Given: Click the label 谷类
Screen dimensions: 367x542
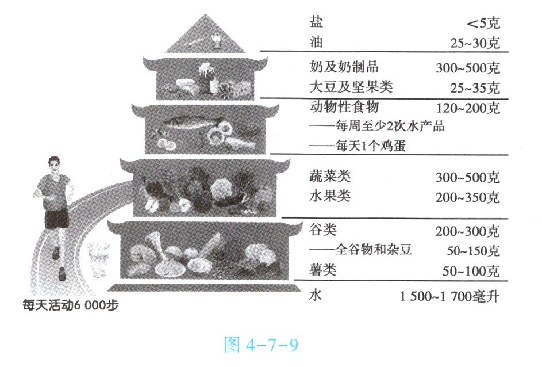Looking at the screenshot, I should (323, 230).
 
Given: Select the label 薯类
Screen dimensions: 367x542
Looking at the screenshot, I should (323, 270).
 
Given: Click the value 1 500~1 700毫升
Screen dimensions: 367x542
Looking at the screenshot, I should (450, 297).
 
